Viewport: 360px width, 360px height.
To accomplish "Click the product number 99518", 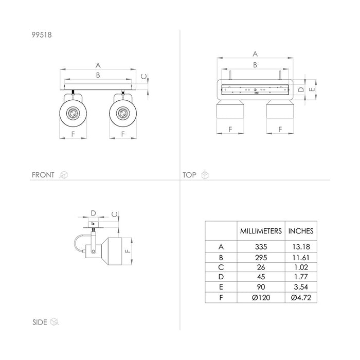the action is coord(42,35).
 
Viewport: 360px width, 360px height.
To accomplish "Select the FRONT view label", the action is coord(43,175).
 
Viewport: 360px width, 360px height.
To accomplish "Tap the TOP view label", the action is coord(189,175).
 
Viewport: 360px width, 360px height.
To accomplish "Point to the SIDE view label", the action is coord(40,322).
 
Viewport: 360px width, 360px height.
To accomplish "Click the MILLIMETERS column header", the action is coord(261,231).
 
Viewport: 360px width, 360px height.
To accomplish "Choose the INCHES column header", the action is coord(301,231).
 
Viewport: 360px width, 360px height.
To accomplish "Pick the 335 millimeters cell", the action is coord(261,247).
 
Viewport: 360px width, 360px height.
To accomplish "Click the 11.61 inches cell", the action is coord(301,258).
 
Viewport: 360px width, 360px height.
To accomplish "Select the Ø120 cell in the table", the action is coord(261,298).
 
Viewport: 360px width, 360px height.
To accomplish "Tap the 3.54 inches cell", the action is coord(301,287).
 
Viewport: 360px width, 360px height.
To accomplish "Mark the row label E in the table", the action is coord(221,287).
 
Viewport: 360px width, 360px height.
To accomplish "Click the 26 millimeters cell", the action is coord(261,267).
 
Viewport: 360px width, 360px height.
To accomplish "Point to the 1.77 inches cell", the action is coord(301,277).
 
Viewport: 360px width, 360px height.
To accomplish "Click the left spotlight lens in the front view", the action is coord(73,113).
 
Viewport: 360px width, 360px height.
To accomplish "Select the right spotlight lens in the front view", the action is coord(123,113).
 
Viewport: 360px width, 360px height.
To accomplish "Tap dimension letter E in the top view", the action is coord(312,89).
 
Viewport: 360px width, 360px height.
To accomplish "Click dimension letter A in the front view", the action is coord(98,65).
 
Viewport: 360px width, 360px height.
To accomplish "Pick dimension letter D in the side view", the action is coord(93,213).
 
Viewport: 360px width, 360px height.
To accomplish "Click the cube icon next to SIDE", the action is coord(55,321).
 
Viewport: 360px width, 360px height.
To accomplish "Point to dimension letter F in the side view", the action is coord(128,251).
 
